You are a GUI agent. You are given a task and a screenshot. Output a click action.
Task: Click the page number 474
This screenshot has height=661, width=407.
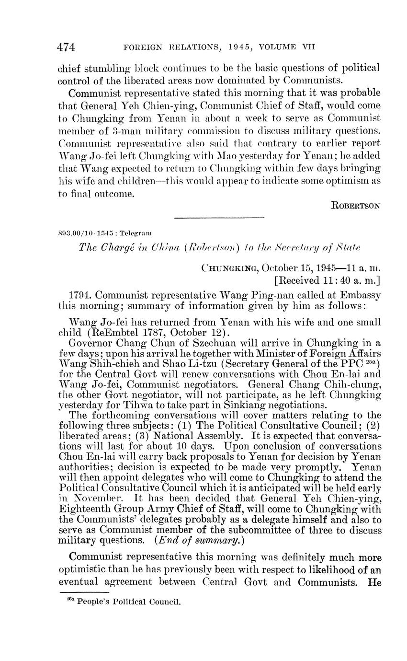67,47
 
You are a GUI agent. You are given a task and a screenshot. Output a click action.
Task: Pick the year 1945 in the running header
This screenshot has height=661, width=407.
230,47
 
